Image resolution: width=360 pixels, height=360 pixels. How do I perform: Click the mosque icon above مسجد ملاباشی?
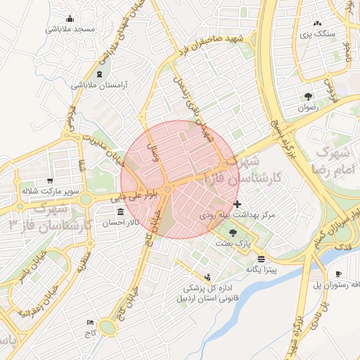tap(69, 19)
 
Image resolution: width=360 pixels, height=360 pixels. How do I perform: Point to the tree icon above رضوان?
tap(308, 97)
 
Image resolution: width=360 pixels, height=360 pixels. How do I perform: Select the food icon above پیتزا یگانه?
tap(261, 259)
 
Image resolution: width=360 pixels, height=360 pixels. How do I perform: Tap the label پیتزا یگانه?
tap(262, 269)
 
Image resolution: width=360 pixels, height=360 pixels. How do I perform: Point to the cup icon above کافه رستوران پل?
tap(338, 274)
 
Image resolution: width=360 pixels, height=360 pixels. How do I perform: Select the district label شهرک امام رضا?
tap(333, 161)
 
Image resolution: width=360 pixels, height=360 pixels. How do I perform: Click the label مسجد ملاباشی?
tap(70, 30)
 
